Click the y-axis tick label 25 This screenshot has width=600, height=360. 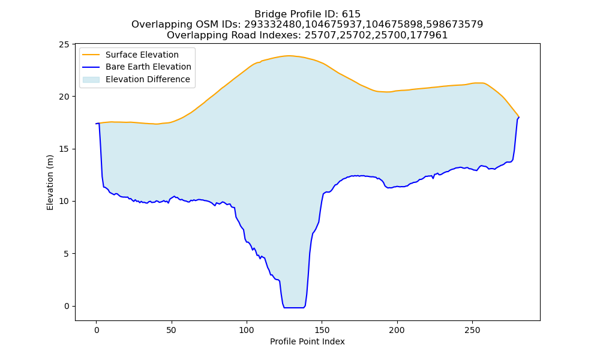(64, 44)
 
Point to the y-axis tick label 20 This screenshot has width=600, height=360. (64, 97)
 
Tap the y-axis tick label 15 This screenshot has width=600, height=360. (64, 149)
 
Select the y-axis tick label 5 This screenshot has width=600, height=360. (67, 254)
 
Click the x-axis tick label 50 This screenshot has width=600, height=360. (172, 330)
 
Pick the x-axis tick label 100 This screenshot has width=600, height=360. (247, 330)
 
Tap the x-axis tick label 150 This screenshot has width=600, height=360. (322, 330)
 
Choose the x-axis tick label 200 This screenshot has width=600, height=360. (397, 330)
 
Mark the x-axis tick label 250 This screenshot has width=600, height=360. (472, 330)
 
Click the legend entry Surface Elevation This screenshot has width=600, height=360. (142, 55)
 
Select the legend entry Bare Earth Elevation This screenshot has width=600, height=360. (148, 67)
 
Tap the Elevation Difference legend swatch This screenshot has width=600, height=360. (91, 80)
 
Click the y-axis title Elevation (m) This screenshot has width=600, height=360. (50, 182)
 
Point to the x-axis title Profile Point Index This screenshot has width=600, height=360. (307, 341)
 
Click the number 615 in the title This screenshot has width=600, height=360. (351, 14)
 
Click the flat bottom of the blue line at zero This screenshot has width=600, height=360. (294, 308)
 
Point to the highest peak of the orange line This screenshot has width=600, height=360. (289, 56)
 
